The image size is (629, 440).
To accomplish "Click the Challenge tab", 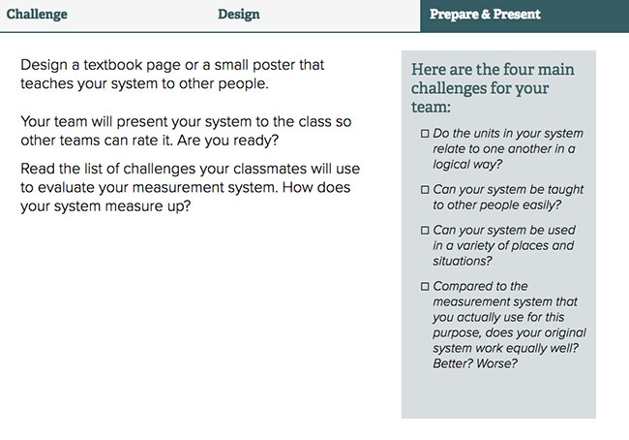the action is point(37,15).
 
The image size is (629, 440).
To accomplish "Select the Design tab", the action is point(239,15).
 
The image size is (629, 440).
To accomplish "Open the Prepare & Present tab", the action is point(485,15).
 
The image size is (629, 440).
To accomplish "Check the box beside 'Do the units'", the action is point(425,134).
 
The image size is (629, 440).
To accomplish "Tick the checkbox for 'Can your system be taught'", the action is point(425,190).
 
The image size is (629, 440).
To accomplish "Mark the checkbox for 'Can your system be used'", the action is point(425,231).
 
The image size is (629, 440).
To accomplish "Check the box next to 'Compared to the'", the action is point(425,287).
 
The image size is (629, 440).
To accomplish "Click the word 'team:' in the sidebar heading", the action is point(431,108).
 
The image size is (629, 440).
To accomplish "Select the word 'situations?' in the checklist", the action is point(463,261).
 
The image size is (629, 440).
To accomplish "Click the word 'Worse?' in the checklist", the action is point(496,363).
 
